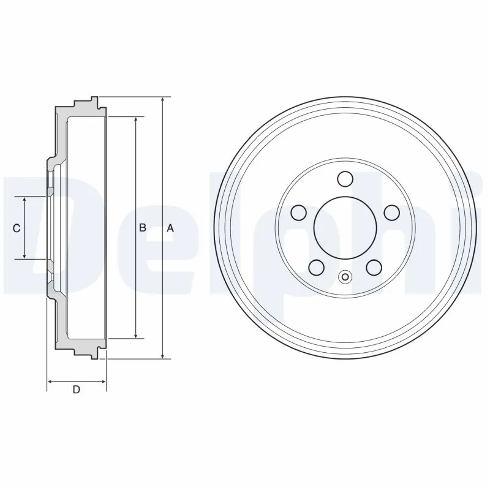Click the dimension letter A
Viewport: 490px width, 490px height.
171,228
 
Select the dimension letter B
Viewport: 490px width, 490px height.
142,228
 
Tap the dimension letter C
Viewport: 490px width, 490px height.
17,228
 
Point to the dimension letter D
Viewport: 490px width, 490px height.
77,390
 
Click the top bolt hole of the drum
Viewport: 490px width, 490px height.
345,179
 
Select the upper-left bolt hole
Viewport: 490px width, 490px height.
299,213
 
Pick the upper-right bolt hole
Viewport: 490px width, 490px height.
391,213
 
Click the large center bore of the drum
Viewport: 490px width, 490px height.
345,227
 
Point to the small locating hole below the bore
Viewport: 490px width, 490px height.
345,277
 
